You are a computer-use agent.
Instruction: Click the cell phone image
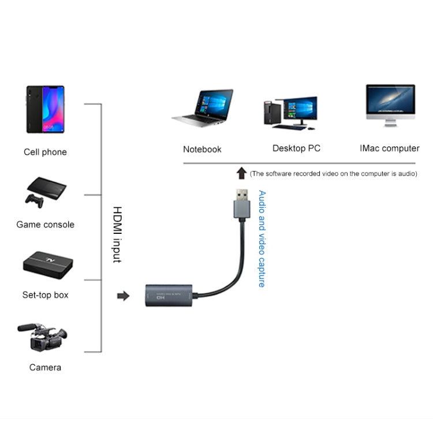point(45,110)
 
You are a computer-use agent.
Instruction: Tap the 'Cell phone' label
point(45,152)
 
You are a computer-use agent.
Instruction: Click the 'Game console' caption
point(46,225)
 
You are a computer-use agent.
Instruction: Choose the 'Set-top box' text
point(46,295)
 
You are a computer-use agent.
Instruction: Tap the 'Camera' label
point(45,367)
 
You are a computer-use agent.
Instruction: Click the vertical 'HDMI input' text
point(117,235)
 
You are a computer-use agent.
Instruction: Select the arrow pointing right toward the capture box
point(123,296)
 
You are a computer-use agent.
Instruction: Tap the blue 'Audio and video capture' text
point(262,239)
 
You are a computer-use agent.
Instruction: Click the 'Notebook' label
point(202,150)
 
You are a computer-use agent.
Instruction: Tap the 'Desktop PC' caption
point(296,148)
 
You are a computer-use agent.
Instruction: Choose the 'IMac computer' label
point(390,148)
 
